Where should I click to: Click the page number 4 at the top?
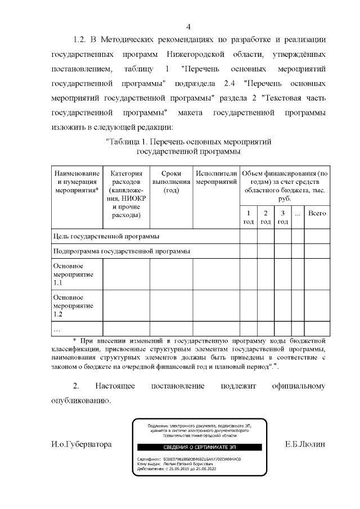188,26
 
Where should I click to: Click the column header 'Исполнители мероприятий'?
216,178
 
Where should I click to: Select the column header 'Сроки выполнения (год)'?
171,182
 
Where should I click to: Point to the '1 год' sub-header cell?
248,218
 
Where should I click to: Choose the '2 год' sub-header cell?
265,218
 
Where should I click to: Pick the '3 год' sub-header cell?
282,218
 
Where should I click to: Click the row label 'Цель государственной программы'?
106,236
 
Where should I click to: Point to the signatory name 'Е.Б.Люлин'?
305,444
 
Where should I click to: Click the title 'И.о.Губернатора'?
81,444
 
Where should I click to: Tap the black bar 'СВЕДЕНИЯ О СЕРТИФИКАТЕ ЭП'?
192,447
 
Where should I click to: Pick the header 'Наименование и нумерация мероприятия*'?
76,182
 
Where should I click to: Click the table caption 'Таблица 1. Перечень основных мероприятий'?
188,141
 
